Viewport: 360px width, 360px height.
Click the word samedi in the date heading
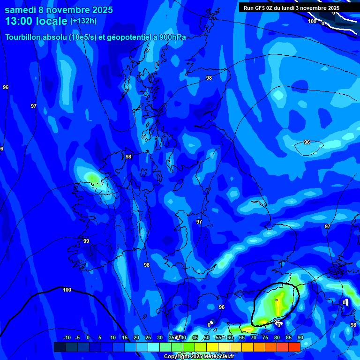point(22,10)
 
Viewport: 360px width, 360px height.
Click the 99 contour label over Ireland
point(86,241)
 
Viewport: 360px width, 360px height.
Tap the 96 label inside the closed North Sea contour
point(307,142)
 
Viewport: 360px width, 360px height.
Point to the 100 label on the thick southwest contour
point(67,290)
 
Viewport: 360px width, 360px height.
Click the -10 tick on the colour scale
point(67,338)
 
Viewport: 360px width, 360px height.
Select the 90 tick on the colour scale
point(300,338)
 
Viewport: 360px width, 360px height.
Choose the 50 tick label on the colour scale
point(206,338)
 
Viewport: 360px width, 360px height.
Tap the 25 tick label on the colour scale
point(148,338)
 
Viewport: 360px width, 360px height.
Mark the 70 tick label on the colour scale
point(253,338)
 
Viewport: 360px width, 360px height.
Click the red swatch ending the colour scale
point(294,347)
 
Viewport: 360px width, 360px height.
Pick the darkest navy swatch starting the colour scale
point(60,347)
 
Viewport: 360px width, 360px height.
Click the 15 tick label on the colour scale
point(124,338)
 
